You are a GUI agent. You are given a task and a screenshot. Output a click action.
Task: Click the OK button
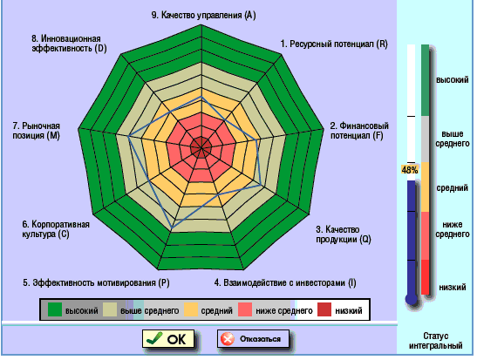(168, 339)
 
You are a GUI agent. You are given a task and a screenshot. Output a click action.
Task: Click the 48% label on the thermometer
(410, 170)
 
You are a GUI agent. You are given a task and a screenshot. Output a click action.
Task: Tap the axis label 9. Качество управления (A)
(203, 15)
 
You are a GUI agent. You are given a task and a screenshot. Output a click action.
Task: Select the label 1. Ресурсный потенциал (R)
(334, 44)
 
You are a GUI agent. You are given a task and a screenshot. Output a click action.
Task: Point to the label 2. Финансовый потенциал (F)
(359, 131)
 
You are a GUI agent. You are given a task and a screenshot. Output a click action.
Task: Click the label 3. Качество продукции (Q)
(344, 234)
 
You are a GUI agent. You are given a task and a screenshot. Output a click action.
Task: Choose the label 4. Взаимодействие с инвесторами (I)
(285, 282)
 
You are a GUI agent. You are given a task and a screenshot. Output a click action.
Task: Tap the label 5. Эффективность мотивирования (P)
(96, 282)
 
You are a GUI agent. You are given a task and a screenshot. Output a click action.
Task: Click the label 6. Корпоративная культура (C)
(56, 229)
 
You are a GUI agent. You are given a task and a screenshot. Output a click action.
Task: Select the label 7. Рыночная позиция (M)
(37, 131)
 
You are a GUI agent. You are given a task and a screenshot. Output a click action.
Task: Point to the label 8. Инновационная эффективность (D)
(69, 44)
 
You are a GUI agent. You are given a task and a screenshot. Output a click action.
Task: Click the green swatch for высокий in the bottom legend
(55, 309)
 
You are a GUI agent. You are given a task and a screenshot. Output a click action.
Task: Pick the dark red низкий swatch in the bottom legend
(324, 309)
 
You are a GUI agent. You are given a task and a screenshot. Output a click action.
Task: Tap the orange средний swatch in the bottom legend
(191, 309)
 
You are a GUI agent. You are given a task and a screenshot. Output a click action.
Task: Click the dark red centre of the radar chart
(201, 148)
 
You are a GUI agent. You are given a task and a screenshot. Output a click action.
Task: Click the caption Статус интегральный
(436, 341)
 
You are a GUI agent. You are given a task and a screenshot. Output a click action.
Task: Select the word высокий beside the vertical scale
(453, 80)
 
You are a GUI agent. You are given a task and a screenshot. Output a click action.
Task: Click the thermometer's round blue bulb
(412, 299)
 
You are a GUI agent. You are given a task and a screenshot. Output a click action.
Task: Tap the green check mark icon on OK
(154, 338)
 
